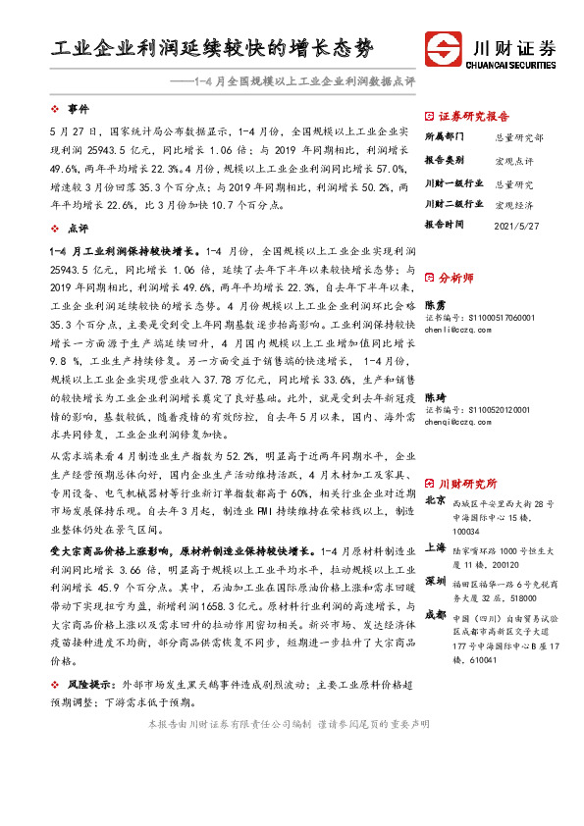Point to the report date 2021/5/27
514,223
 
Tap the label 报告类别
446,159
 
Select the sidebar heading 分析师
456,278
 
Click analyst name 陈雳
434,305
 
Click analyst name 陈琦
434,396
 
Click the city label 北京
434,500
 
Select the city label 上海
434,549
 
